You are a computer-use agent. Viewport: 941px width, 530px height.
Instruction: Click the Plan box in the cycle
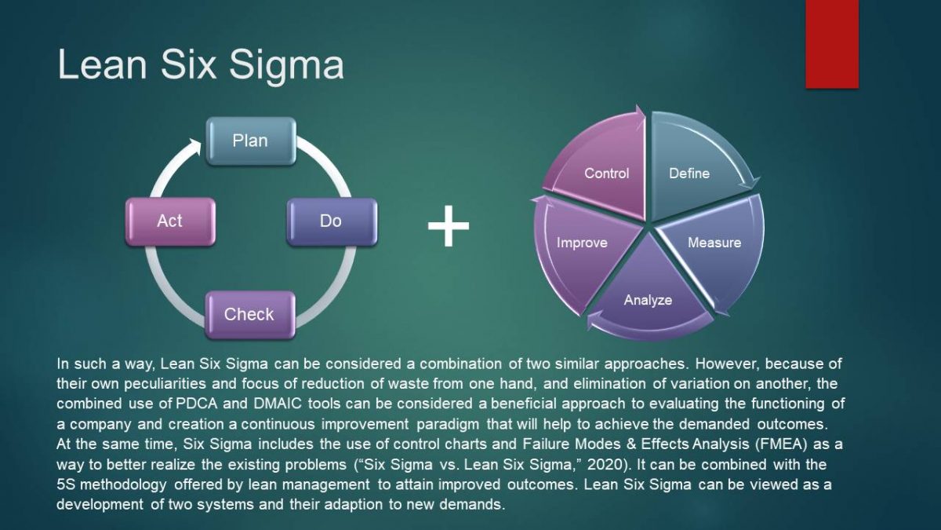pyautogui.click(x=250, y=141)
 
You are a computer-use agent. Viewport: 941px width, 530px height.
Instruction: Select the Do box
pyautogui.click(x=331, y=221)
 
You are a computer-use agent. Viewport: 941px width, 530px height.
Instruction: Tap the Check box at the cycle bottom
pyautogui.click(x=249, y=314)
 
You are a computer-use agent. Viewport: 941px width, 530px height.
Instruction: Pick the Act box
pyautogui.click(x=169, y=221)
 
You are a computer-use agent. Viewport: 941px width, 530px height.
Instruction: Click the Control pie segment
pyautogui.click(x=604, y=169)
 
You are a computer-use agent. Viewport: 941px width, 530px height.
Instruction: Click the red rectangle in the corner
pyautogui.click(x=832, y=43)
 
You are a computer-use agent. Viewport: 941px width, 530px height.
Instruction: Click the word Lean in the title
pyautogui.click(x=101, y=64)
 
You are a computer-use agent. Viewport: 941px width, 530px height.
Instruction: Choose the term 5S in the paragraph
pyautogui.click(x=68, y=484)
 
